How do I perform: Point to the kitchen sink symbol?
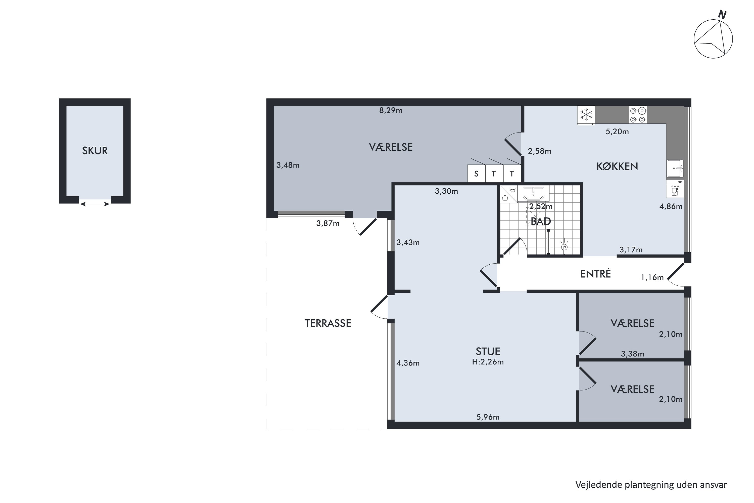(675, 168)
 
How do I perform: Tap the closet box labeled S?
(476, 174)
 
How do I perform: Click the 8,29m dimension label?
(391, 110)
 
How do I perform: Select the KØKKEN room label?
(617, 166)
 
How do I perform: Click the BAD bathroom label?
(541, 221)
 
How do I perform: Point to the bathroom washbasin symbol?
(533, 193)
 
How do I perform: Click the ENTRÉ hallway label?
(595, 274)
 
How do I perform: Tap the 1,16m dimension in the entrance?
(652, 277)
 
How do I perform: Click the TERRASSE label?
(328, 323)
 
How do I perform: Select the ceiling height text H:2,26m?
(488, 362)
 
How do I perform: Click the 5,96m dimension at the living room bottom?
(488, 417)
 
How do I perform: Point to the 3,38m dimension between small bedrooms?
(632, 354)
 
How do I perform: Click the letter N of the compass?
(722, 15)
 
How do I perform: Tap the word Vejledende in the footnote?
(598, 484)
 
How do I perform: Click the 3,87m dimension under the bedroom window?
(328, 223)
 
